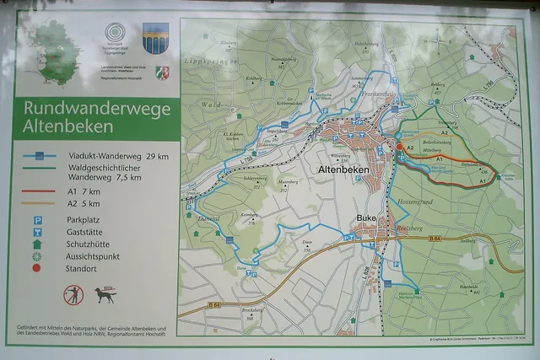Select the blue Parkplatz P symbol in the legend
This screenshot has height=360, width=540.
click(x=36, y=219)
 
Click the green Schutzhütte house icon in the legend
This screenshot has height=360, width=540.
click(x=36, y=244)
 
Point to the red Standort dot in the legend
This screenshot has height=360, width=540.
click(x=36, y=268)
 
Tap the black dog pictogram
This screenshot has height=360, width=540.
click(x=105, y=295)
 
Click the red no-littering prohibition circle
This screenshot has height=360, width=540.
click(x=73, y=295)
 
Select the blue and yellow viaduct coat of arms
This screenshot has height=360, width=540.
click(x=154, y=38)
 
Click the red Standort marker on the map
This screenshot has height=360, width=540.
click(x=400, y=147)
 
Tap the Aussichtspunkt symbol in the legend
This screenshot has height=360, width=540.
click(x=36, y=255)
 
